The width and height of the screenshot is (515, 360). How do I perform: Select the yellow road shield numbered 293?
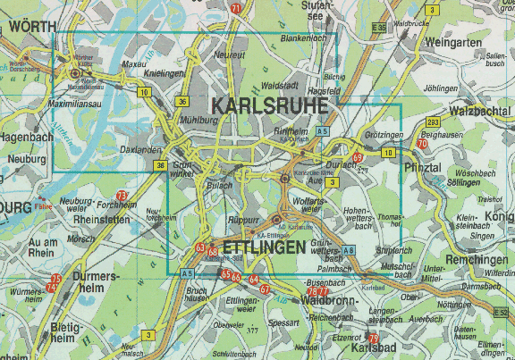[433, 121]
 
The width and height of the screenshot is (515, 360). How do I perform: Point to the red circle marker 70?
[421, 144]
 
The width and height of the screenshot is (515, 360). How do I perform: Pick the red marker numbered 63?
[200, 247]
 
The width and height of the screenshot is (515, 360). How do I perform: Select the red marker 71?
[235, 8]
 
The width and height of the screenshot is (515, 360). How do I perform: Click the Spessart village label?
[283, 322]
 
